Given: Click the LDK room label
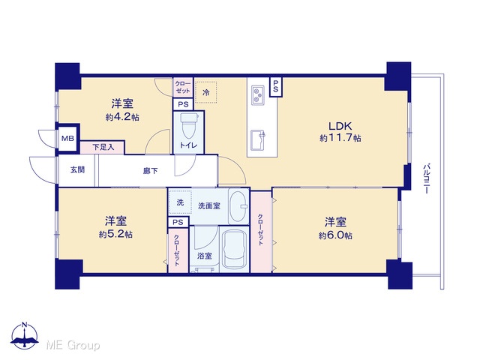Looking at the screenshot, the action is tap(340, 126).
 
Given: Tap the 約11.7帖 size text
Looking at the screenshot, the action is tap(340, 138).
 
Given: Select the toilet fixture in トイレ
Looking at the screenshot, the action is tap(188, 125).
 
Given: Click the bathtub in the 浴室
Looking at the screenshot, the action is tap(234, 249).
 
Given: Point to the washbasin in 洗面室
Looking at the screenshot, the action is tap(238, 207).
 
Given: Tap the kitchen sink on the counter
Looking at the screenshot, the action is tap(258, 140).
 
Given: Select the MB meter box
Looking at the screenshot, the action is tap(67, 139).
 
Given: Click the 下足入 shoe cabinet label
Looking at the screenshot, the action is tap(103, 148).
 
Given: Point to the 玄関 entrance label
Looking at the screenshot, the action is tap(77, 169).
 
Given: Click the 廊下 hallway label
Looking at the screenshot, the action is tap(150, 171).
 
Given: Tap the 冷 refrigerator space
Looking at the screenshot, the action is tap(206, 92).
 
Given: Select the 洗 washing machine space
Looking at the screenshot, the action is tap(180, 202).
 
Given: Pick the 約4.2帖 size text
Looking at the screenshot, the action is tap(122, 117).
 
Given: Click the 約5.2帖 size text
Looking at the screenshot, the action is tap(115, 235).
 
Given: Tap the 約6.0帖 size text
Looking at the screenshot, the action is tap(335, 235).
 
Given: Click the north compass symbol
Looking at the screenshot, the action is tap(25, 336).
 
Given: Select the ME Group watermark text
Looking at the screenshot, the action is tap(73, 345).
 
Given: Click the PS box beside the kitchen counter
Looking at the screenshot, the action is tap(275, 87).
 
